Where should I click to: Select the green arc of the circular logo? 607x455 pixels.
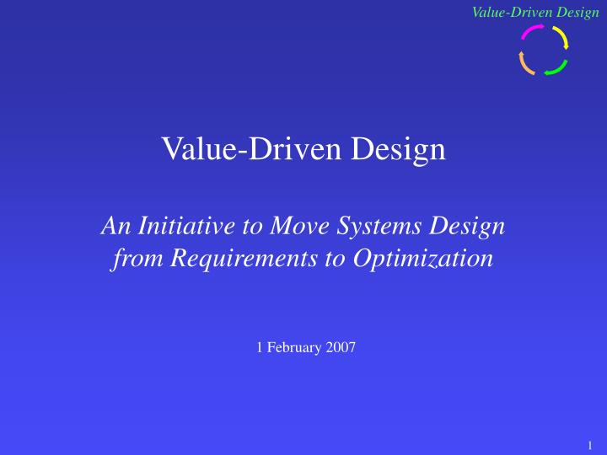(x=556, y=68)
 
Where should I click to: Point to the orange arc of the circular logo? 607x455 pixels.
(x=524, y=63)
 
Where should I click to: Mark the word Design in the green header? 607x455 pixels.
(x=575, y=13)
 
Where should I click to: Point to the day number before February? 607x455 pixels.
(x=259, y=348)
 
